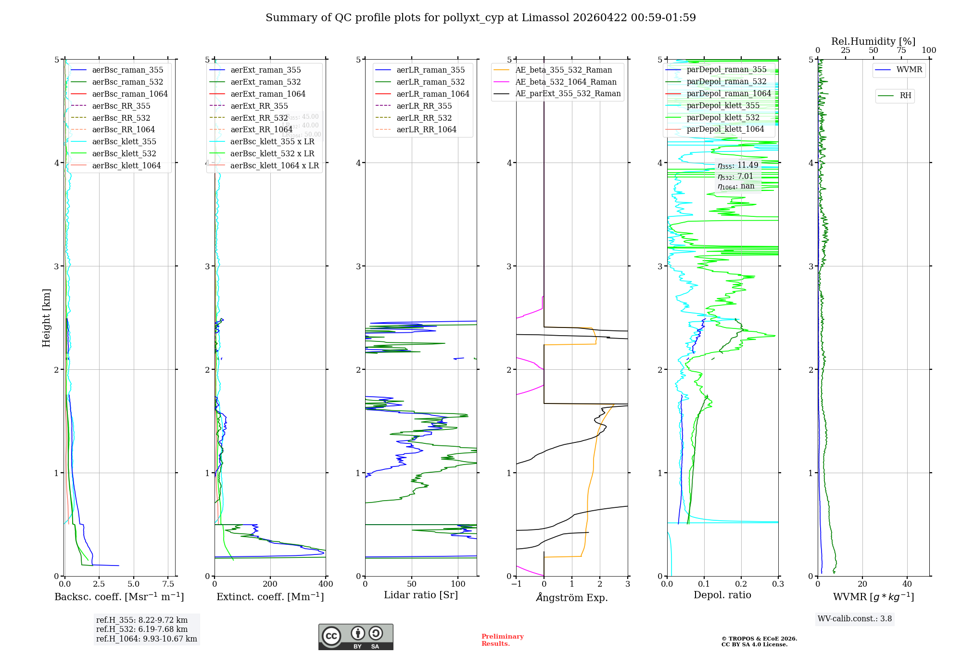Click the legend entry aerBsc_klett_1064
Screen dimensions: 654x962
126,165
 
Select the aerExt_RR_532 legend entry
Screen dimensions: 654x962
259,118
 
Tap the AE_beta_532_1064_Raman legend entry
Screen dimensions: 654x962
566,82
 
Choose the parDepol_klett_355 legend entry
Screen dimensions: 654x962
723,105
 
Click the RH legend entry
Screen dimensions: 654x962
905,96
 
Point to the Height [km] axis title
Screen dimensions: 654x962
46,318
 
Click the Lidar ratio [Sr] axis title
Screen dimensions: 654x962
421,595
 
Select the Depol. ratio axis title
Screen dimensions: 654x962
722,595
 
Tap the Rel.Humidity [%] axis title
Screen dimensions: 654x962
873,41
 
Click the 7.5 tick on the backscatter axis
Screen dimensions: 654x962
168,584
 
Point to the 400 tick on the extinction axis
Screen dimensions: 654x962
326,584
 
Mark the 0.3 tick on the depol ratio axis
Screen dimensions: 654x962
778,584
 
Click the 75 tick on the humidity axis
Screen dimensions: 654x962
901,50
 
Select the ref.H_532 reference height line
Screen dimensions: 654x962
142,629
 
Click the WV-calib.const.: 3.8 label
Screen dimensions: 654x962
855,619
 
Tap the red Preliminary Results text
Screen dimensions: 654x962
502,640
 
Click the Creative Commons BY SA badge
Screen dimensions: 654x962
355,637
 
